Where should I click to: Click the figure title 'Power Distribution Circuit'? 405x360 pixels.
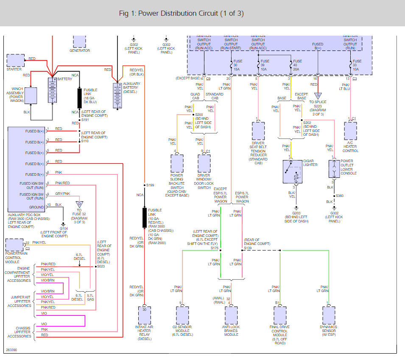[181, 13]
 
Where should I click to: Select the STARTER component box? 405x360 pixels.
[16, 60]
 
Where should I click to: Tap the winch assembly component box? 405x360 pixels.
[31, 95]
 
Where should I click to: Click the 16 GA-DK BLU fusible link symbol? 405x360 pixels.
[79, 98]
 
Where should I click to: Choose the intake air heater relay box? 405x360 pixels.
[144, 315]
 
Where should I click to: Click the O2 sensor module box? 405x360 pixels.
[182, 315]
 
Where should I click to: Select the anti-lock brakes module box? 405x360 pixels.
[231, 315]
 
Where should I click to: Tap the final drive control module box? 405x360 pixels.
[280, 315]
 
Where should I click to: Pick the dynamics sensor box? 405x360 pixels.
[329, 315]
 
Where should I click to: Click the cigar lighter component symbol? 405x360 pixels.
[295, 172]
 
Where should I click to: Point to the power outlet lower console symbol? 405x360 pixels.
[334, 169]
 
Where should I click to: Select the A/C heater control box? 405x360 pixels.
[350, 131]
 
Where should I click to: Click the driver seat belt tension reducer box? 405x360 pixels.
[258, 131]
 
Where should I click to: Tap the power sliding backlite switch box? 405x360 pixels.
[177, 163]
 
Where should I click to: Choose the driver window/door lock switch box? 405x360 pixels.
[204, 163]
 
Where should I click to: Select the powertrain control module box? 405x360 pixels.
[15, 245]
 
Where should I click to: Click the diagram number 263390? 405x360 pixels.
[12, 350]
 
